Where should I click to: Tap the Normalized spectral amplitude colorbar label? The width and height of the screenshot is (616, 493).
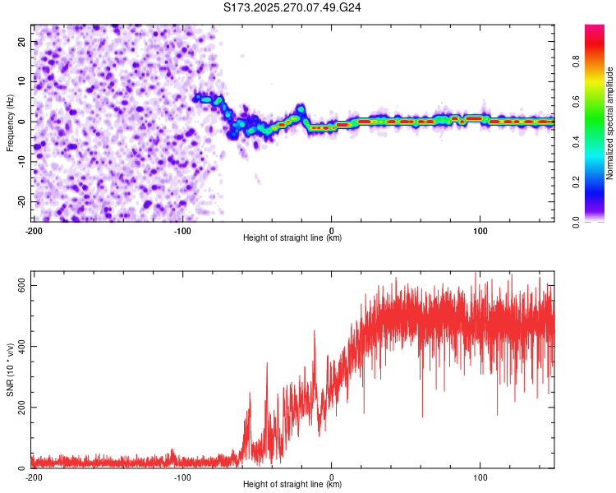(610, 123)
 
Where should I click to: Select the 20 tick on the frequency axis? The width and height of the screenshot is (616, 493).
(23, 41)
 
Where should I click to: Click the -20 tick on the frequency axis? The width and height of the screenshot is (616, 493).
(21, 201)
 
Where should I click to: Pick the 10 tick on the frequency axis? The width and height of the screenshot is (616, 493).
(23, 81)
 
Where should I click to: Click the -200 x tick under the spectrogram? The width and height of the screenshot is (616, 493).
(34, 230)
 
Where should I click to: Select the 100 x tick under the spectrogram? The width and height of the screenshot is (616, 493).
(480, 230)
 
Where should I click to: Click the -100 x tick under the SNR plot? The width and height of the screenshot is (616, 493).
(182, 477)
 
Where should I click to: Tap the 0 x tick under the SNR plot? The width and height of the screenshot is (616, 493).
(332, 477)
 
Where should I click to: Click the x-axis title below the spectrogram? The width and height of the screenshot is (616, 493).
(293, 238)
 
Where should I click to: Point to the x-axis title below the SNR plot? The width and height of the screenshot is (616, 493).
(293, 485)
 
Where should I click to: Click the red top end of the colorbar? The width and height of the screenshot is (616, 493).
(595, 29)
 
